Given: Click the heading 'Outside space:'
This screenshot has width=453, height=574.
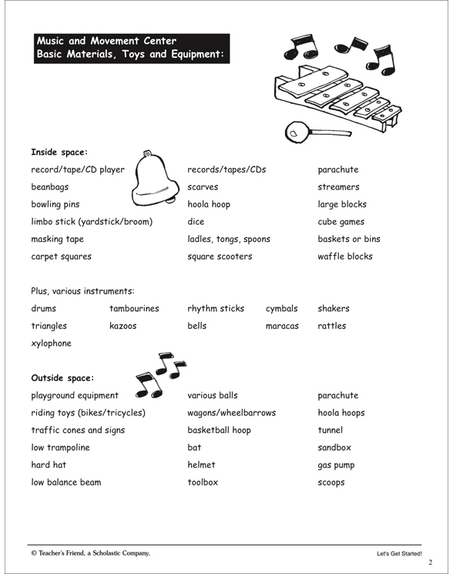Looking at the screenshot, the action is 62,378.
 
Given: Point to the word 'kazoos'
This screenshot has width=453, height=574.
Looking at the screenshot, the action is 122,326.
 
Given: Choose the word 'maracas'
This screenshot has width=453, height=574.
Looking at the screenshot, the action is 283,326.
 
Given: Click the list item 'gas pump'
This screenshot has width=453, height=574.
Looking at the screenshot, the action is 337,465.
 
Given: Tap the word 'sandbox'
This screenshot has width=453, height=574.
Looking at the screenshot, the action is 334,448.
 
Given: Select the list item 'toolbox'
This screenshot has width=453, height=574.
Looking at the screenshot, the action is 203,482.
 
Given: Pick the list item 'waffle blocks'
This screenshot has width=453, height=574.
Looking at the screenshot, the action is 344,257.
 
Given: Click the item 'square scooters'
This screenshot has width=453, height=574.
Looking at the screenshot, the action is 220,257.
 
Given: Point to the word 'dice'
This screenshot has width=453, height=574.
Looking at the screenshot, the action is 195,222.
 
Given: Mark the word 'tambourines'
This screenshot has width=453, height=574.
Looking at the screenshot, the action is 134,308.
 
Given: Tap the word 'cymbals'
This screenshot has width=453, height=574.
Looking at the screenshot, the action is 281,308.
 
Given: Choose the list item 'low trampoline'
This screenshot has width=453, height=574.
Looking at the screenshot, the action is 60,448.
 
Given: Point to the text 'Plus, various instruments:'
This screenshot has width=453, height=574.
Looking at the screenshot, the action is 82,291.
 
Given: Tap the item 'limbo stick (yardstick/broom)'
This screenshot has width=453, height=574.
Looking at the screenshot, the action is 92,222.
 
